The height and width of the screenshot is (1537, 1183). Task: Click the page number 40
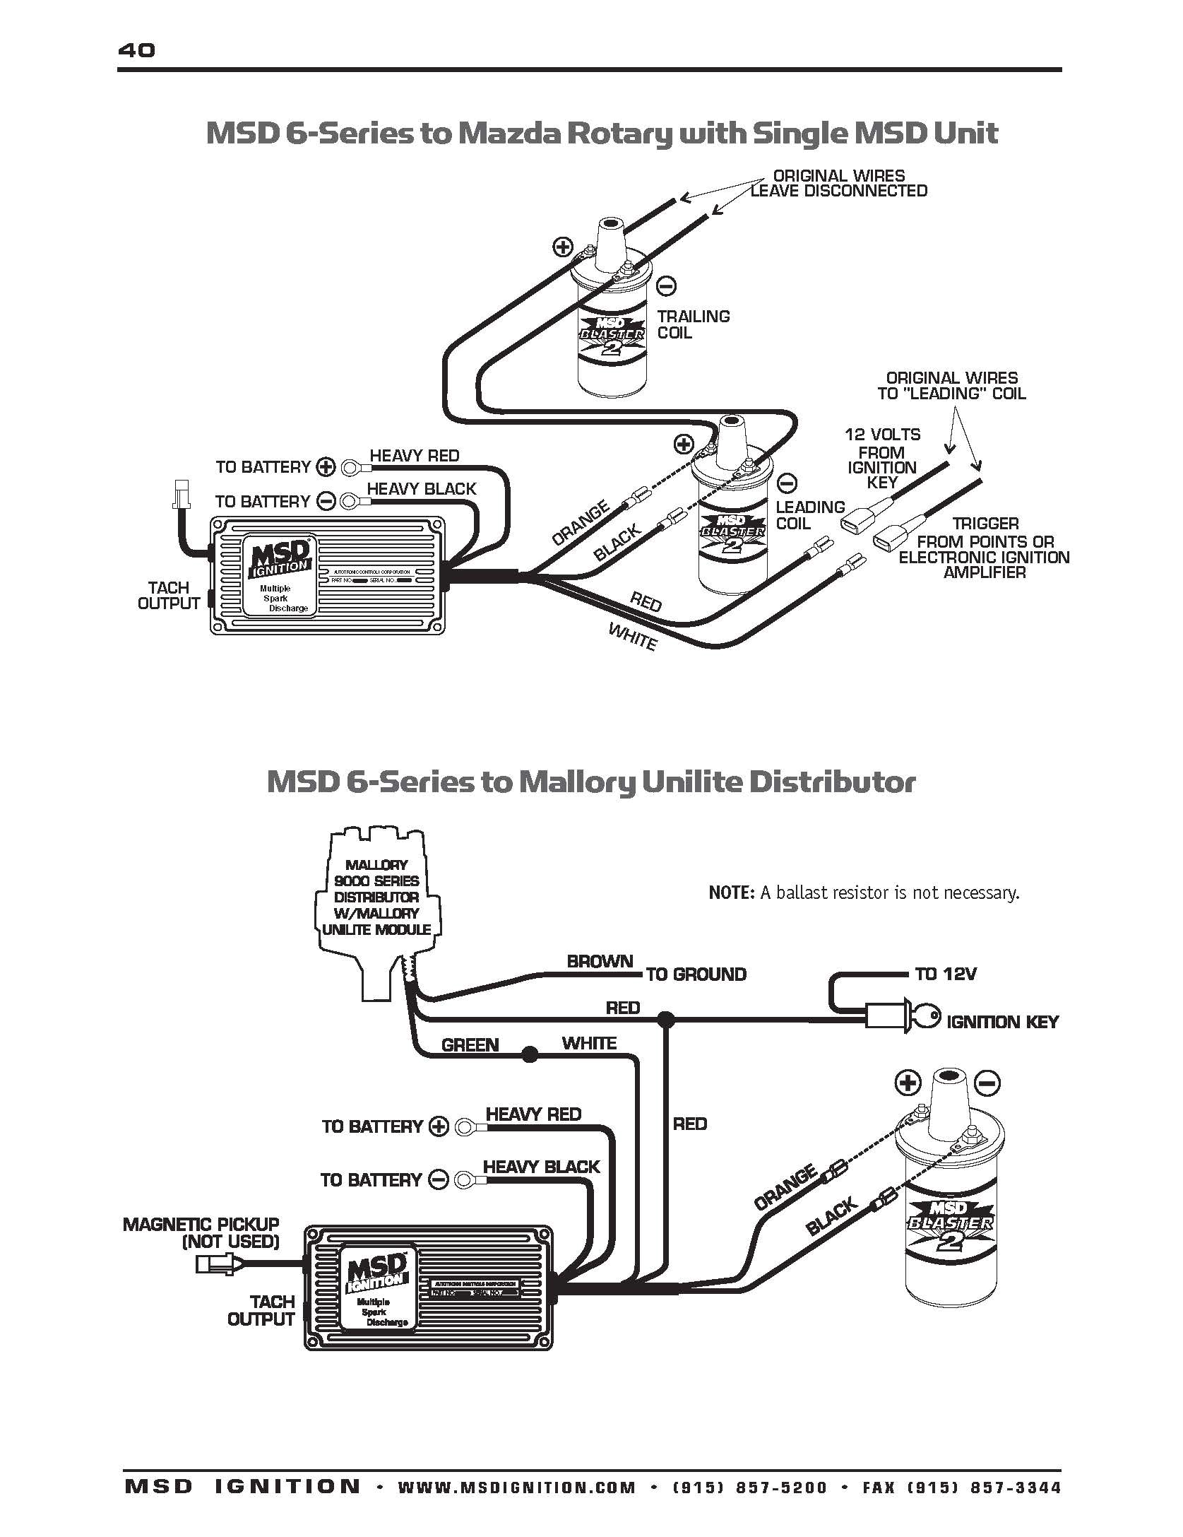pos(137,50)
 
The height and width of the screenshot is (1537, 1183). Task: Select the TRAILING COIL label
pos(693,324)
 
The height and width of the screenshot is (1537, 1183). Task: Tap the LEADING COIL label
pos(809,515)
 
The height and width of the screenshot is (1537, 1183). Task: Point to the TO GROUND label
pos(696,974)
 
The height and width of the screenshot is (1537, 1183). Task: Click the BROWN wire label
pos(600,962)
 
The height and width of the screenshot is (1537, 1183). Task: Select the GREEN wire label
pos(470,1045)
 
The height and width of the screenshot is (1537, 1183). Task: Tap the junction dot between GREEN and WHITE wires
pos(529,1056)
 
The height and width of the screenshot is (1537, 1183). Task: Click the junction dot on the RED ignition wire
pos(665,1019)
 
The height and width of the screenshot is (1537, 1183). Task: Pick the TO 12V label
pos(945,974)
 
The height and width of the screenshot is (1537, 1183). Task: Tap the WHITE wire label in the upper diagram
pos(633,637)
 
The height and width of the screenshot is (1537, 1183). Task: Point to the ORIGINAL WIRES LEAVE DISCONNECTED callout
pos(838,183)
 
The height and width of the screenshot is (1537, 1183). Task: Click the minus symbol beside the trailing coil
pos(666,286)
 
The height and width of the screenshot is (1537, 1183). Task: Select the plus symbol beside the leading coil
pos(683,444)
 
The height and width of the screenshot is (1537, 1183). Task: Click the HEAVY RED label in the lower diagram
pos(533,1114)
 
